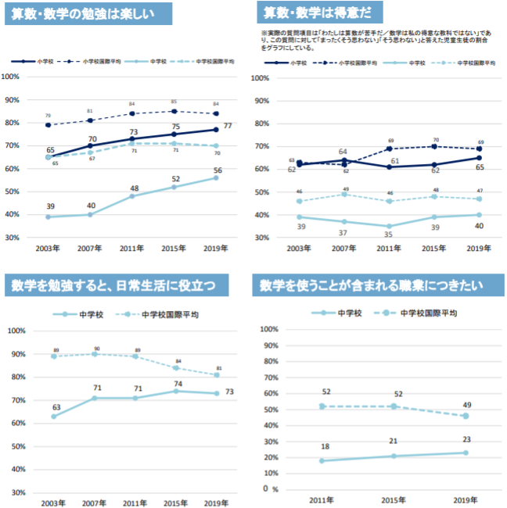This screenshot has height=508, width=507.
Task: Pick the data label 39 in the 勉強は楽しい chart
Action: pos(50,206)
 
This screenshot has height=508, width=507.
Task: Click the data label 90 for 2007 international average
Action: pos(97,349)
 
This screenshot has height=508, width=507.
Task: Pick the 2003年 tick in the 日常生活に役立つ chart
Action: pos(55,503)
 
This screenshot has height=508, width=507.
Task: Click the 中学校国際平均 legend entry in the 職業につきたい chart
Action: pos(428,313)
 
